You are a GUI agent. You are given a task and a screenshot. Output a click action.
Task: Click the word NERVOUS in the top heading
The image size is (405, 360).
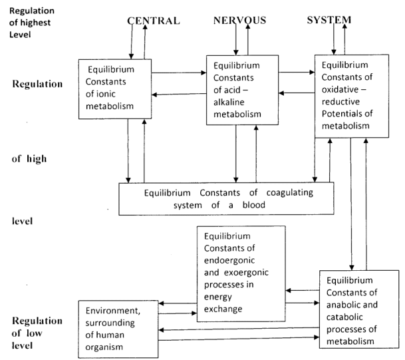(x=240, y=21)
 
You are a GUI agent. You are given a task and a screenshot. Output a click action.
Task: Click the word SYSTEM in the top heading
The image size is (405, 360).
(x=329, y=21)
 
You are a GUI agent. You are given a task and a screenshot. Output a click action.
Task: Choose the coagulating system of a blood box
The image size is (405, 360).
(x=227, y=198)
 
